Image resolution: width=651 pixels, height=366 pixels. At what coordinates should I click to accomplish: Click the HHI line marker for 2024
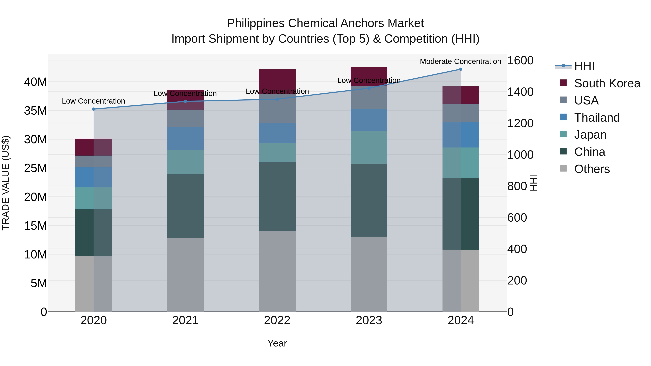[x=460, y=69]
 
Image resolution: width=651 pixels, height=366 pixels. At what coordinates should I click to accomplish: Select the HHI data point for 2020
[x=93, y=109]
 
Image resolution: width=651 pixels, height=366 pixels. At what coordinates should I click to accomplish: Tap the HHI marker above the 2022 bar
[x=277, y=99]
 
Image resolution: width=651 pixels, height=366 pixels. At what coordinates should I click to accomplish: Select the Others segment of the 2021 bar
[x=185, y=275]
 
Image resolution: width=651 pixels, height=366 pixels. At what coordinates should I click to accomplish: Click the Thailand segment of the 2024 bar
[x=460, y=135]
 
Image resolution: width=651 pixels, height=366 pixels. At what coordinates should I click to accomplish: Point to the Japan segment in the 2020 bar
[x=93, y=198]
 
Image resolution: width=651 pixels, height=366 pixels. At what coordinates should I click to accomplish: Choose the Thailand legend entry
[x=597, y=118]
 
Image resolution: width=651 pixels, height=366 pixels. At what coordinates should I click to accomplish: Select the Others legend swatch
[x=563, y=168]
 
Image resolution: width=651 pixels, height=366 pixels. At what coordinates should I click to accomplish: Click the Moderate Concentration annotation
[x=460, y=61]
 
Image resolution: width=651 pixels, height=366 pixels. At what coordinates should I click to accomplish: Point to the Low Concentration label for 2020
[x=93, y=101]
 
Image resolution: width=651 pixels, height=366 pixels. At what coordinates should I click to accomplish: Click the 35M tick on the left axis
[x=35, y=111]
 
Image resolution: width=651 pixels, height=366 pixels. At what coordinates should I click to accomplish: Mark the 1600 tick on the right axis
[x=520, y=61]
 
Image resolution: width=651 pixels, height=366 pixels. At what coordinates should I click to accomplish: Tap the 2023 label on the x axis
[x=369, y=320]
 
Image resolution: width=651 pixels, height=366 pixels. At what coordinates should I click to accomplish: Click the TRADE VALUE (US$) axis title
[x=6, y=183]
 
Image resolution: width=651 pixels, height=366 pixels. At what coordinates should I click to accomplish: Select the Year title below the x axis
[x=277, y=343]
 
